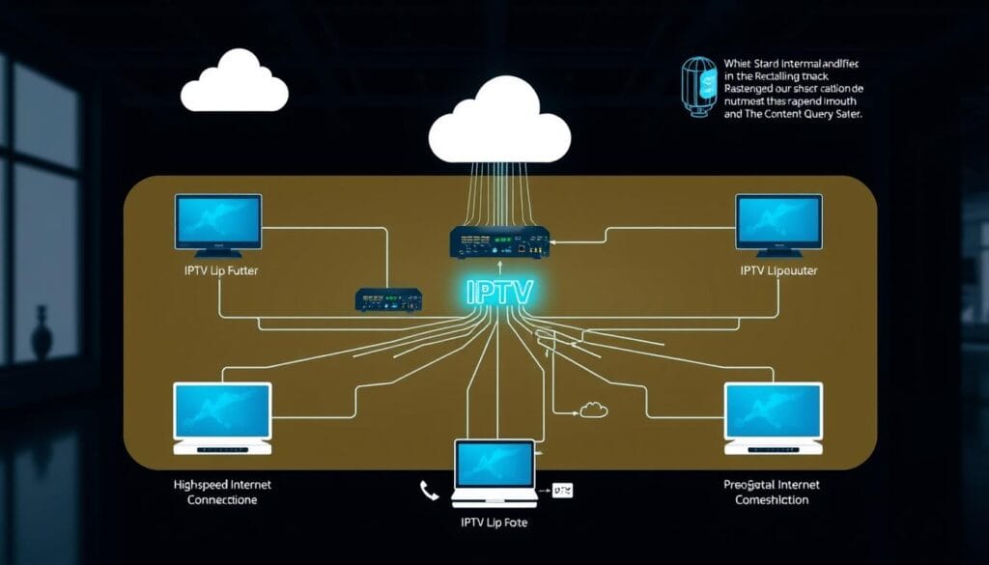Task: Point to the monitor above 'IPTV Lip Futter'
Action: pos(218,222)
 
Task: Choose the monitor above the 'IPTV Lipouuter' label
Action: pos(778,222)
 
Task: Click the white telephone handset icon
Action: pos(429,492)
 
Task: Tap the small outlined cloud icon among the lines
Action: pos(593,410)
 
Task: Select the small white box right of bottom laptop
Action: pos(561,492)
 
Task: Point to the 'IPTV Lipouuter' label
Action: pos(778,271)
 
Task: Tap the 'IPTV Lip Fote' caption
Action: pos(494,523)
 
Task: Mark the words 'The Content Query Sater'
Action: pos(802,113)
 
